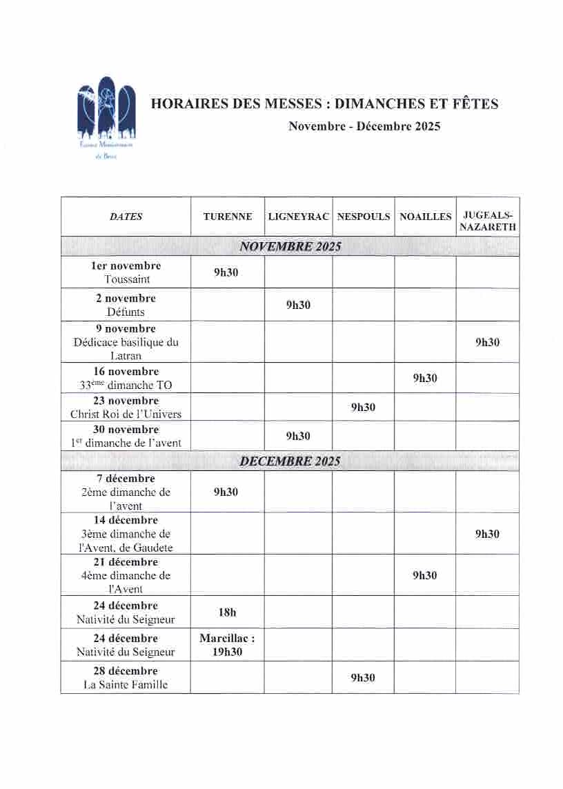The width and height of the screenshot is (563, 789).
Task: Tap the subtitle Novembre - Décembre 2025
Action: click(364, 126)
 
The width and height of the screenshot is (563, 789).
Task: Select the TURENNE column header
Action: click(228, 217)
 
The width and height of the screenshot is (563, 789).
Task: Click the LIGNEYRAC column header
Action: click(298, 217)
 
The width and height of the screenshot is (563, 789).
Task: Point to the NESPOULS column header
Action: click(364, 217)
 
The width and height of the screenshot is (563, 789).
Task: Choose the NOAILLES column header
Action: click(426, 217)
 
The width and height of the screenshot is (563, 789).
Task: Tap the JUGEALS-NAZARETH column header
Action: click(488, 221)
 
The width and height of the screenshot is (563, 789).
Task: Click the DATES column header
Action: click(126, 217)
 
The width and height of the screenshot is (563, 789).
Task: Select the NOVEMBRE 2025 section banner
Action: click(290, 247)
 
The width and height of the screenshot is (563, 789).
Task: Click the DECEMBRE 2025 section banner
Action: click(290, 461)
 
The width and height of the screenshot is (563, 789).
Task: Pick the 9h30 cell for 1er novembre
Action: click(226, 272)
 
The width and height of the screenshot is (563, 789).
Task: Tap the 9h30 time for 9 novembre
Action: click(487, 342)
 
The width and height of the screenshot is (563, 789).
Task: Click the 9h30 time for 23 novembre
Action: click(363, 407)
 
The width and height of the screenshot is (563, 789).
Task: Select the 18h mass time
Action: click(227, 612)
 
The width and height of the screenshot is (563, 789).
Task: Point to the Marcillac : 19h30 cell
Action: click(227, 645)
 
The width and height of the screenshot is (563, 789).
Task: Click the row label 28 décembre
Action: click(126, 670)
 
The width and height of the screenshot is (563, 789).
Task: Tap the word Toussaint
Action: click(127, 279)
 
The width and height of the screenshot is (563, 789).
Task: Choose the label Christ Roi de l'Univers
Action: click(126, 414)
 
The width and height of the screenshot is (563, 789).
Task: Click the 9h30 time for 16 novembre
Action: click(425, 378)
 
